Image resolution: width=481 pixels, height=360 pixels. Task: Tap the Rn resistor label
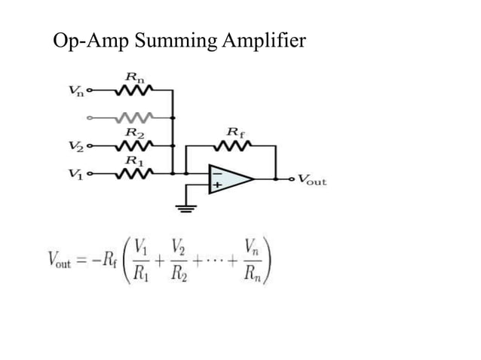pyautogui.click(x=135, y=78)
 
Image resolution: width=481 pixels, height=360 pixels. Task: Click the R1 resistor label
pyautogui.click(x=133, y=160)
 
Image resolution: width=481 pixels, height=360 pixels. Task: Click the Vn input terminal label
pyautogui.click(x=76, y=93)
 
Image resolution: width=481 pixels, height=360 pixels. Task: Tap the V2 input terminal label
pyautogui.click(x=76, y=145)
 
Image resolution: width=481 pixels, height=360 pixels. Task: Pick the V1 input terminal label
pyautogui.click(x=76, y=174)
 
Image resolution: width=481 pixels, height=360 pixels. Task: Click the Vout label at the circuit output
pyautogui.click(x=312, y=181)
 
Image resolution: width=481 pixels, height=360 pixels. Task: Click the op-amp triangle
pyautogui.click(x=229, y=179)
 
